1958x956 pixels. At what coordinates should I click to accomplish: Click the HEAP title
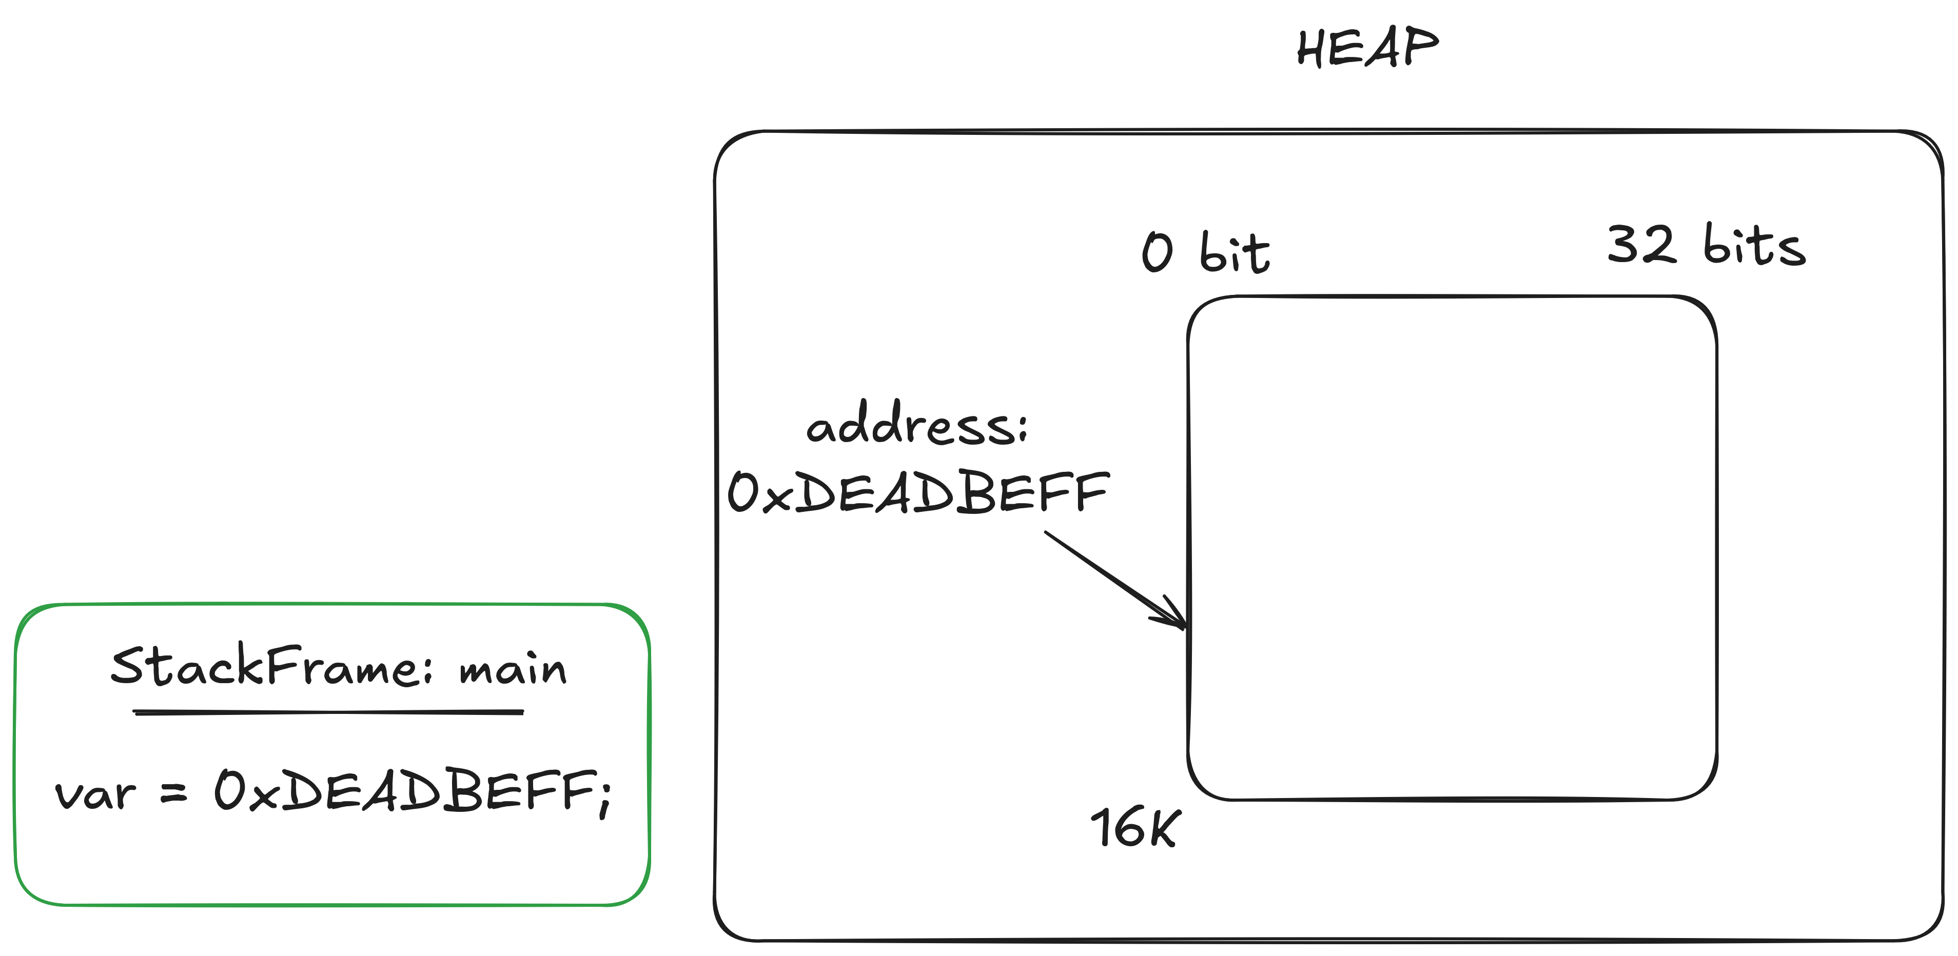[1366, 47]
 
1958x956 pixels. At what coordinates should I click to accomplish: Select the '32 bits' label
[1706, 245]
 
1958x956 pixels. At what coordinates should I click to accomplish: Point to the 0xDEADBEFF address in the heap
[918, 492]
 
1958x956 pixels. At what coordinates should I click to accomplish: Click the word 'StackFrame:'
[271, 666]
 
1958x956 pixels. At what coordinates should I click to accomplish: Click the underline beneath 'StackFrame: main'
[328, 712]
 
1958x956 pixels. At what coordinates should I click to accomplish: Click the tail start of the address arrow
[1047, 533]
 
